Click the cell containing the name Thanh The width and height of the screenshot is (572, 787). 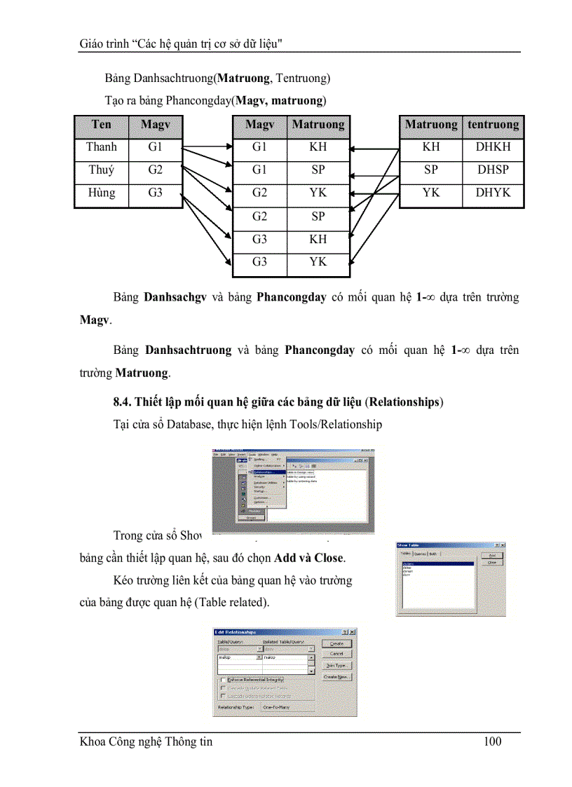tap(102, 147)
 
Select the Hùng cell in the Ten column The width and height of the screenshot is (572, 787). tap(102, 193)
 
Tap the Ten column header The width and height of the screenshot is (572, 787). tap(102, 125)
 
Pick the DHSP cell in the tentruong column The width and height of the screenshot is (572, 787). tap(493, 170)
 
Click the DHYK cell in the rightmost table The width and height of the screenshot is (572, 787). tap(493, 193)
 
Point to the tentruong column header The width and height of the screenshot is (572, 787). tap(493, 125)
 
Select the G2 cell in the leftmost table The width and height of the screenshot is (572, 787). tap(155, 170)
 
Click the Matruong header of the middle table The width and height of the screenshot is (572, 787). tap(318, 125)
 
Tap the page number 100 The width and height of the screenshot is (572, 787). tap(493, 741)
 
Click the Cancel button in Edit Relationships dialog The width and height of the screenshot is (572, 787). tap(336, 654)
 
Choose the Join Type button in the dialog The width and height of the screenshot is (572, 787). tap(336, 665)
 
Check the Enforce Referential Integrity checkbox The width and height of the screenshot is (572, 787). tap(223, 680)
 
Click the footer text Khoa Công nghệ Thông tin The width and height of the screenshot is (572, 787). tap(146, 741)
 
